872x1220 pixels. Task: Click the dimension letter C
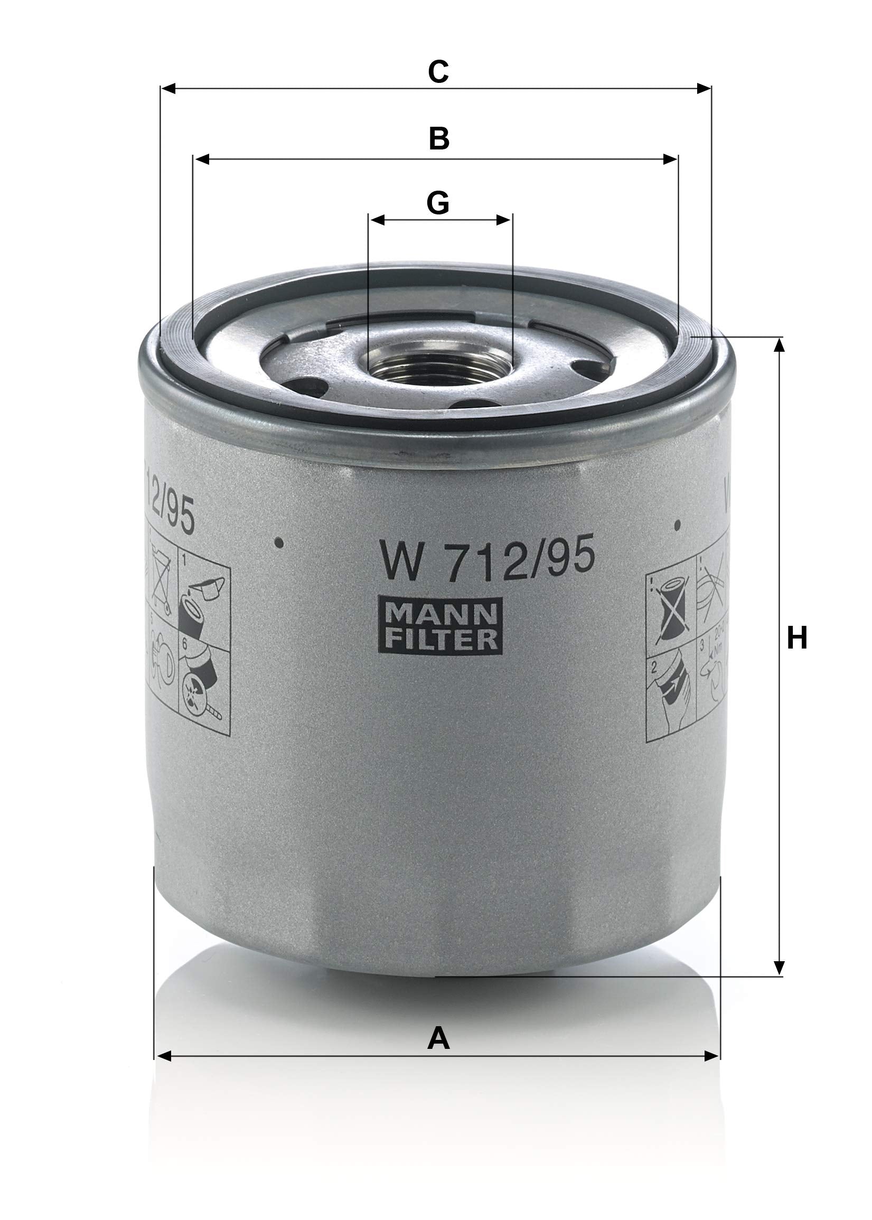coord(438,71)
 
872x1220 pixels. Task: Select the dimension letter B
coord(439,139)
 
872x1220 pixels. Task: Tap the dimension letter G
coord(438,203)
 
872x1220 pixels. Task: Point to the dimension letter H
coord(797,639)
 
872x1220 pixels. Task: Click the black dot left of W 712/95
coord(279,543)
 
